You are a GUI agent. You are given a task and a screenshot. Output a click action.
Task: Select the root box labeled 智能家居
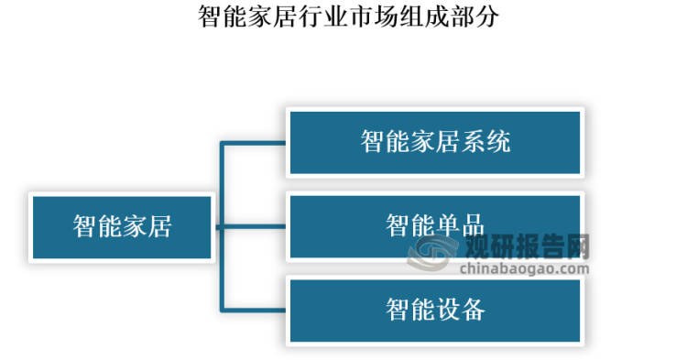(x=123, y=226)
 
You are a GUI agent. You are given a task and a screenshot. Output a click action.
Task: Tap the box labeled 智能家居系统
(x=435, y=142)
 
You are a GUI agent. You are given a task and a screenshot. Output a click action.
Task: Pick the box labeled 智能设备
(x=435, y=311)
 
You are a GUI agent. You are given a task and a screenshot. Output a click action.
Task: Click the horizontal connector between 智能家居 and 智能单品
(x=252, y=226)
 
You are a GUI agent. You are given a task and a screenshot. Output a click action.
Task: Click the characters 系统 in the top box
(x=485, y=142)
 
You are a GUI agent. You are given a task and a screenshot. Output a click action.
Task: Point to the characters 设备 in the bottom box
(x=461, y=311)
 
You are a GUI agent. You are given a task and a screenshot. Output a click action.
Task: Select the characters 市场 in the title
(x=373, y=16)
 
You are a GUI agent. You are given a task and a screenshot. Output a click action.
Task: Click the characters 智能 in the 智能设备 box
(x=409, y=311)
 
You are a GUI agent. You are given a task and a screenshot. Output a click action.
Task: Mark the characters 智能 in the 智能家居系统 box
(x=385, y=142)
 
